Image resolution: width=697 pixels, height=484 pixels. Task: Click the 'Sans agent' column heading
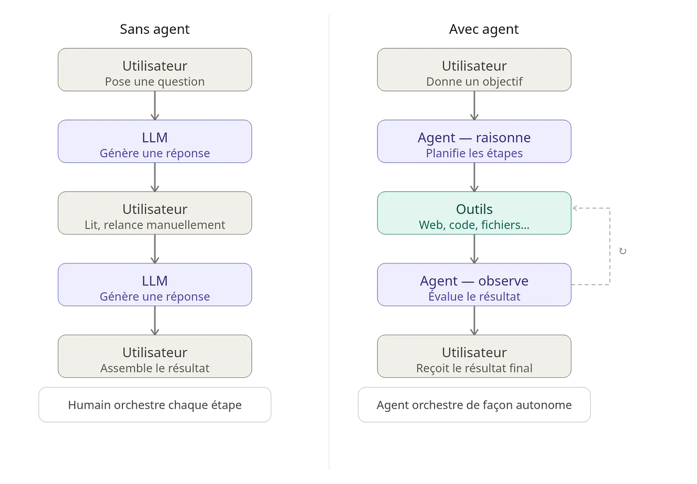[x=155, y=29]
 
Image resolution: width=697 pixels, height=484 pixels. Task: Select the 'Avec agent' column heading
[x=484, y=29]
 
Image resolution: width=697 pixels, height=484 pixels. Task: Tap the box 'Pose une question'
[x=155, y=70]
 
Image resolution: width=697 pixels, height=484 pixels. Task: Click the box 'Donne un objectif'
[x=474, y=70]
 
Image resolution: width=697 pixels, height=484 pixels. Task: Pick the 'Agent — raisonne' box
[x=474, y=141]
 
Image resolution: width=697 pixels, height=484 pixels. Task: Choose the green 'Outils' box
[x=474, y=213]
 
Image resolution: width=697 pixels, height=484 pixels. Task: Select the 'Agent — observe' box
[x=474, y=284]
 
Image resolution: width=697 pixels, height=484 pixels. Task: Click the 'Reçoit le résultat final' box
[x=474, y=356]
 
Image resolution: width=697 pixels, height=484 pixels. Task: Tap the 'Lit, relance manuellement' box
[x=155, y=213]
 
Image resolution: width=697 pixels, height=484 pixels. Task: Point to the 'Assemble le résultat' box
[x=155, y=356]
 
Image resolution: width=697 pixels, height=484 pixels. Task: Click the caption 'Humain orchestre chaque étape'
[x=155, y=405]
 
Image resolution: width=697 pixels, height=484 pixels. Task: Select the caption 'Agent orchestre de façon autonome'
[x=474, y=405]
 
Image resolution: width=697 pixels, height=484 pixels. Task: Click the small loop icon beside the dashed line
[x=623, y=251]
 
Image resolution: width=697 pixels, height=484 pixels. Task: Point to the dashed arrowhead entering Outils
[x=575, y=208]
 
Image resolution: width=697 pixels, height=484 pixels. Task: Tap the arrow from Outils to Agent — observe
[x=474, y=248]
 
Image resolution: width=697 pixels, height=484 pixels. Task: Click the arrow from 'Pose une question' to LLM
[x=155, y=106]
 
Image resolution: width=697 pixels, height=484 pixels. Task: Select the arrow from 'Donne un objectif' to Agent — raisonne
[x=474, y=106]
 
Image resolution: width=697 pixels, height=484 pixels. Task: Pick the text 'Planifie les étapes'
[x=474, y=153]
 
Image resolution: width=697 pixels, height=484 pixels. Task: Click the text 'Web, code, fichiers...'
[x=474, y=225]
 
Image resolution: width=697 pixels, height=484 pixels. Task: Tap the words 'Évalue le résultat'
[x=474, y=296]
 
